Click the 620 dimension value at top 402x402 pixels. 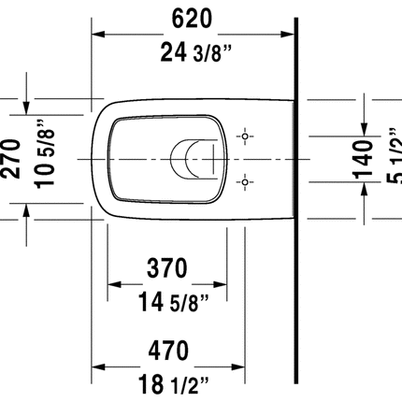[193, 17]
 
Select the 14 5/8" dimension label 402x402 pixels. [168, 302]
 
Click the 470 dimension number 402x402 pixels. [168, 350]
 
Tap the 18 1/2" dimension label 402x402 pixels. [168, 383]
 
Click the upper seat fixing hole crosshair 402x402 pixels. [246, 137]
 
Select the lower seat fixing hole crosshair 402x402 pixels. [246, 179]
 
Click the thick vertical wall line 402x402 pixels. [296, 187]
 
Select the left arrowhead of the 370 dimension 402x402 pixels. [114, 284]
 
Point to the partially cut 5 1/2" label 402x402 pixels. [395, 157]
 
